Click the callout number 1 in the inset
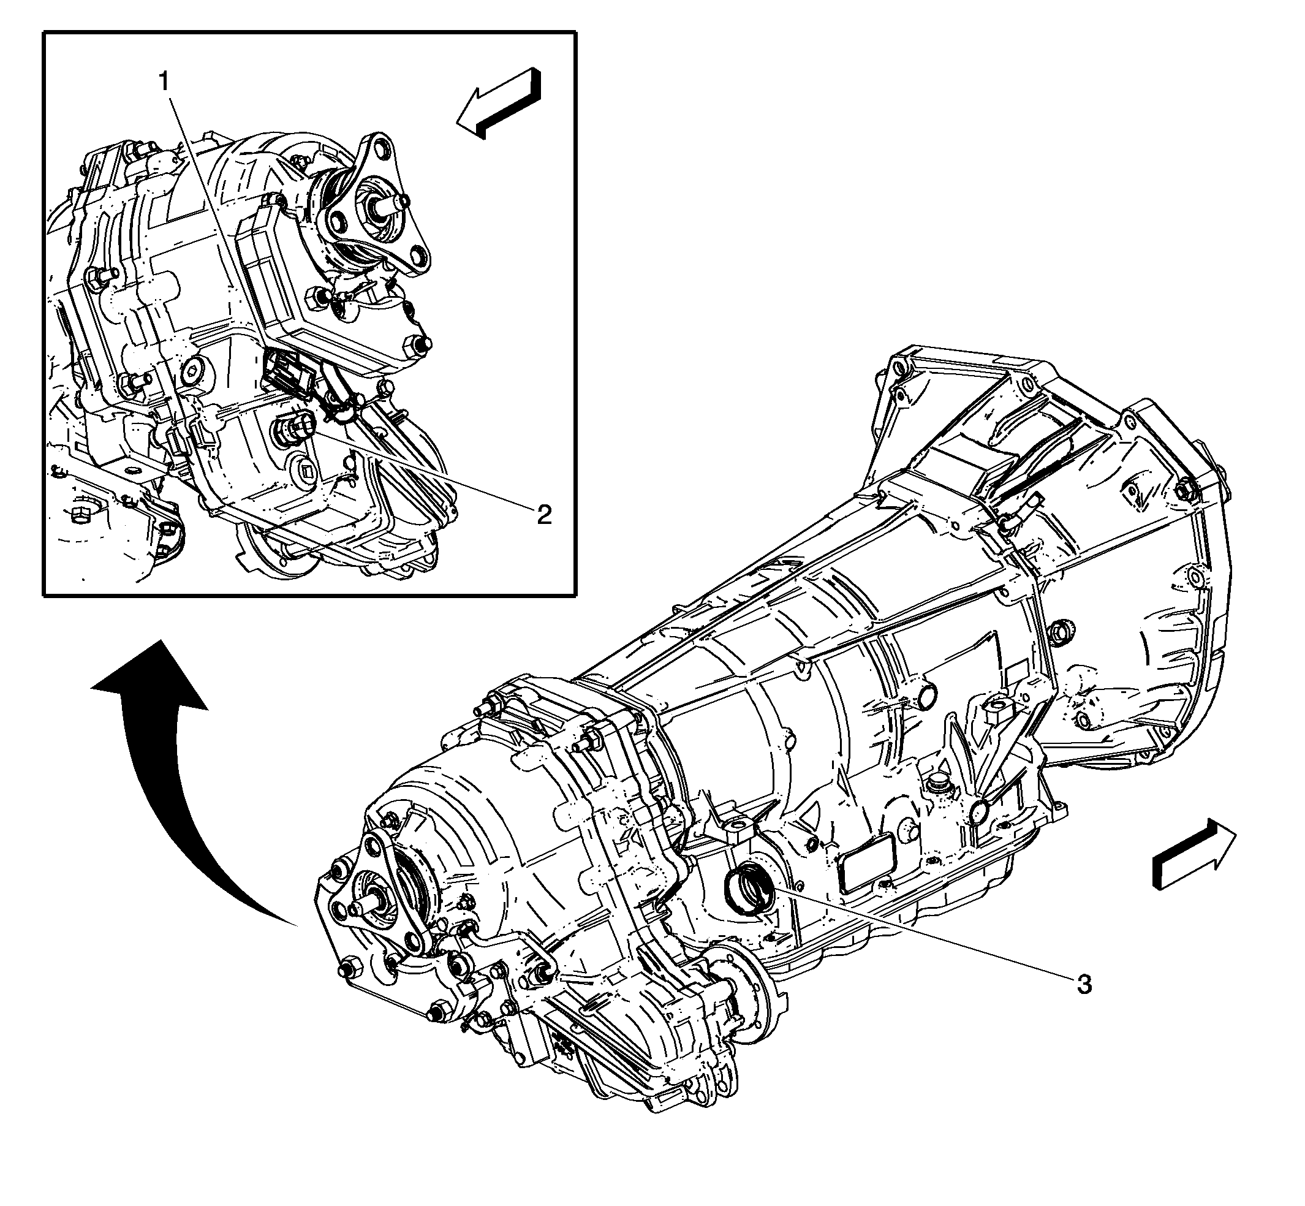pyautogui.click(x=164, y=82)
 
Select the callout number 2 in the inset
pyautogui.click(x=543, y=515)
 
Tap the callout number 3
pyautogui.click(x=1083, y=984)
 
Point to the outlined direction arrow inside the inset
pyautogui.click(x=499, y=103)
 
